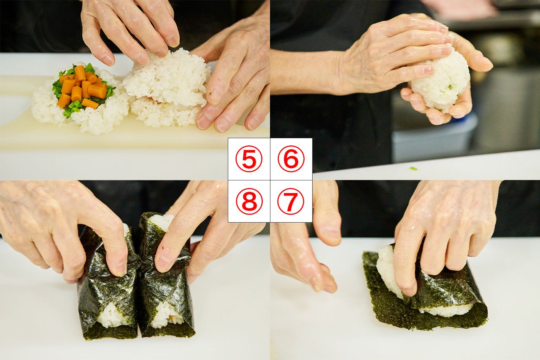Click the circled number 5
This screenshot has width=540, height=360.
coord(249,159)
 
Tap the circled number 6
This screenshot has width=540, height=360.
coord(291,159)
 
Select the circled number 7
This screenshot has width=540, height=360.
coord(291,201)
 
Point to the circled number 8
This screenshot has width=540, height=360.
coord(249,201)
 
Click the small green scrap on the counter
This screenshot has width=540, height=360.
coord(414,169)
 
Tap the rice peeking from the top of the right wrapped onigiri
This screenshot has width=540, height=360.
coord(162,220)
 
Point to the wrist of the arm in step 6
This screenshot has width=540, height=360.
coord(333,72)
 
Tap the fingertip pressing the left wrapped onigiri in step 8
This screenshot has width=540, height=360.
coord(120,268)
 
